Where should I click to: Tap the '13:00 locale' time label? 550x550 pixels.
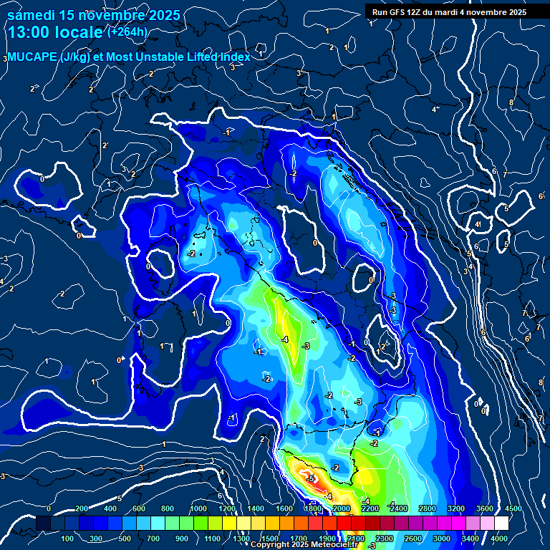click(56, 32)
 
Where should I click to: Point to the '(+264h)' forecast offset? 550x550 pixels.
click(127, 32)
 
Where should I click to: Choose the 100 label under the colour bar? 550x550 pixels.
click(68, 539)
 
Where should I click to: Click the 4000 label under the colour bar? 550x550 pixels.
click(498, 539)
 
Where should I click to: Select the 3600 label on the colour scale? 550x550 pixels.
click(484, 508)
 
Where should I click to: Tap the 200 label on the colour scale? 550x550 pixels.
click(82, 508)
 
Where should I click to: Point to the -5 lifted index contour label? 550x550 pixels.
click(310, 478)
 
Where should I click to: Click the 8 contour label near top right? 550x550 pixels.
click(511, 102)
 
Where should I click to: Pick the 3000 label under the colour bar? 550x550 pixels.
click(441, 539)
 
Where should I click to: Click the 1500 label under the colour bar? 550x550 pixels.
click(269, 539)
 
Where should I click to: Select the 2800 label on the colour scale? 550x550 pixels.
click(427, 508)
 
